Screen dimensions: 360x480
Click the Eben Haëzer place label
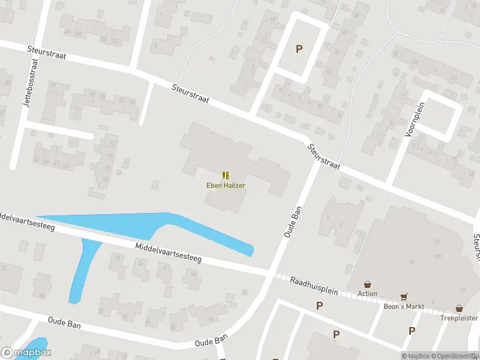226,185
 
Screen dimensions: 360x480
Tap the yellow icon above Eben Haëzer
226,175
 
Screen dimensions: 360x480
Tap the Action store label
367,293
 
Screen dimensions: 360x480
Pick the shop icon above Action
367,284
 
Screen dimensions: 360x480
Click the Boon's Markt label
404,307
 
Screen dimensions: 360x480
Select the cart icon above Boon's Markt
404,297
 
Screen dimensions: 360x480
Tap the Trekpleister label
459,317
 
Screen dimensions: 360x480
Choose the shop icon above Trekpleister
459,308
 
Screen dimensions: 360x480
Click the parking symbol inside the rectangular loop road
299,49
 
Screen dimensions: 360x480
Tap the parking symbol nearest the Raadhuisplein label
319,305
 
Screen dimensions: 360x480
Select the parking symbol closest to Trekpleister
412,330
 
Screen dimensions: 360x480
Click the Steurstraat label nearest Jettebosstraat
46,52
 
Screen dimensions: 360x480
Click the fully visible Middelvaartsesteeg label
167,253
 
